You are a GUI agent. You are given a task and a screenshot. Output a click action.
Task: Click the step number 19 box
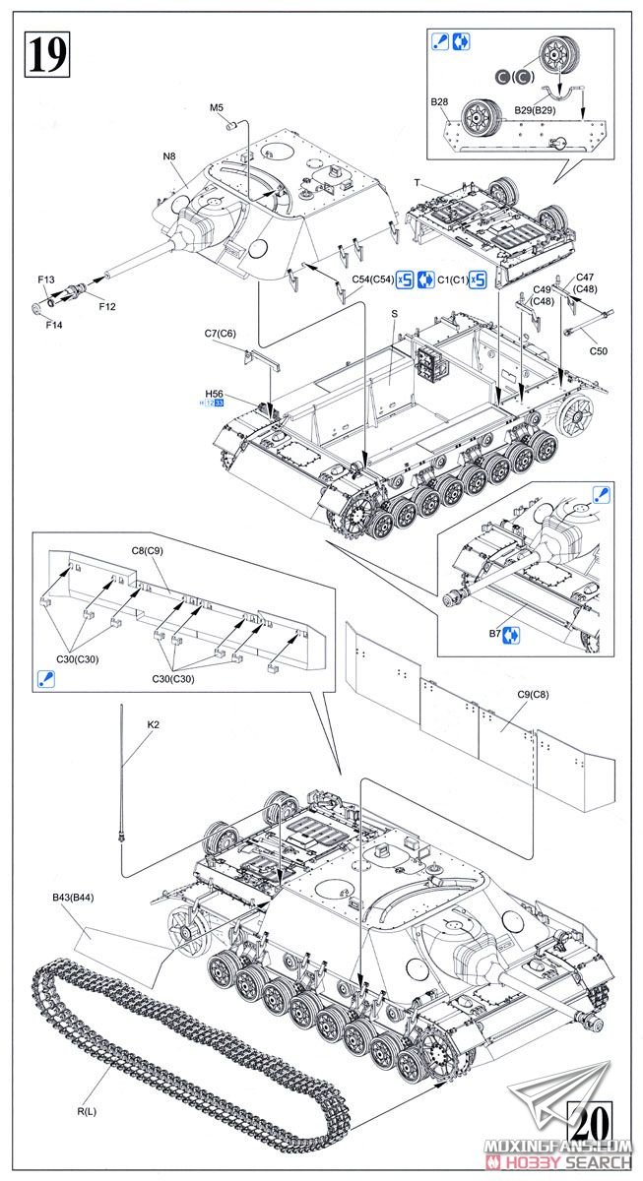coord(45,53)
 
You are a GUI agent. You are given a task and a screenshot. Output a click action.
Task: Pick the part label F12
coord(107,305)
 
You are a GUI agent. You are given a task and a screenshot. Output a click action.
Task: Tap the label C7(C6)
coord(221,334)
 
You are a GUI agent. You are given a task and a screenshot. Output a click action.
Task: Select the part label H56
coord(215,393)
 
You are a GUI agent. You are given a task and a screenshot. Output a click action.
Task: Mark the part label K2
coord(153,725)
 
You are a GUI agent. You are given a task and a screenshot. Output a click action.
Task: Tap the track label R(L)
coord(87,1084)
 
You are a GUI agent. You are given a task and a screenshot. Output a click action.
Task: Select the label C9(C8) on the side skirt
coord(533,696)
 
